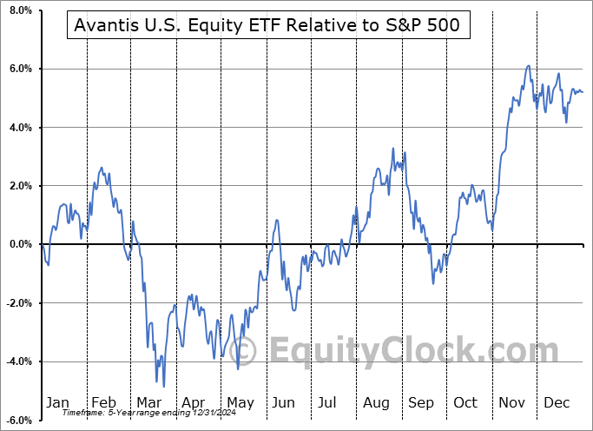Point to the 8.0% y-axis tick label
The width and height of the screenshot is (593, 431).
point(19,10)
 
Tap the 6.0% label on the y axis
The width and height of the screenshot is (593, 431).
point(19,69)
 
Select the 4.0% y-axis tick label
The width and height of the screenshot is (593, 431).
point(19,128)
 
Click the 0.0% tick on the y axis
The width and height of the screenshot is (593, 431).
point(19,244)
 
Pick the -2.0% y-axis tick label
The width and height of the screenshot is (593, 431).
point(17,303)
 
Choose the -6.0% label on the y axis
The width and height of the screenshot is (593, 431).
point(17,420)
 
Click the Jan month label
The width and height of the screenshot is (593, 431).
point(57,402)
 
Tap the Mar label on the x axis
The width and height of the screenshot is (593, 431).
point(149,402)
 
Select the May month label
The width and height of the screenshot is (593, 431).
point(240,402)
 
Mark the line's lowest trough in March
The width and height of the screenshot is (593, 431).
point(163,387)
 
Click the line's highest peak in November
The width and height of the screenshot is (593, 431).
point(528,66)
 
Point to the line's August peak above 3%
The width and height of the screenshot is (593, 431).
point(393,149)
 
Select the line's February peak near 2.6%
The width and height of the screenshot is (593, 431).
point(102,168)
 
